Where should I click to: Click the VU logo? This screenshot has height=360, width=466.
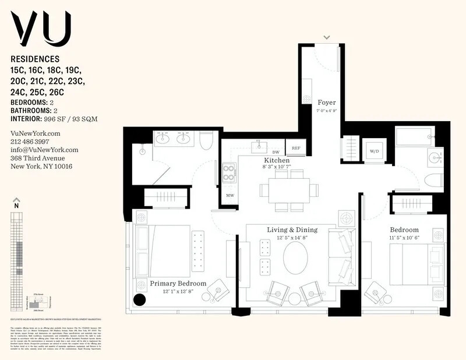click(x=40, y=29)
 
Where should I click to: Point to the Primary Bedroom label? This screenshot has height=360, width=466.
click(x=178, y=283)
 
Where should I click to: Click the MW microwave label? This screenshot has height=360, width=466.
click(x=230, y=195)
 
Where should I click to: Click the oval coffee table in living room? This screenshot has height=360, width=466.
click(x=296, y=257)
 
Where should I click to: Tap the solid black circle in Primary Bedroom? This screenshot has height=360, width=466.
click(x=140, y=300)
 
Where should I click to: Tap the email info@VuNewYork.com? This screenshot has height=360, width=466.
click(x=44, y=150)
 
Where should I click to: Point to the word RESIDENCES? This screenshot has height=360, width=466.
click(x=35, y=59)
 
